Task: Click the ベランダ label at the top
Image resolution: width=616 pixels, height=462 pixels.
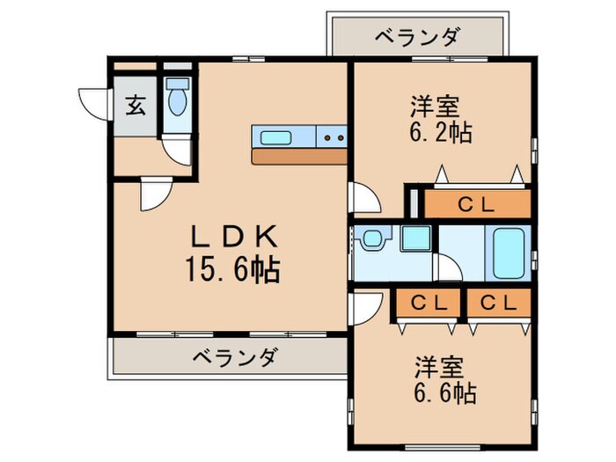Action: [416, 37]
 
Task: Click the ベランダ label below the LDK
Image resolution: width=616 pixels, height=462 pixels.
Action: [235, 357]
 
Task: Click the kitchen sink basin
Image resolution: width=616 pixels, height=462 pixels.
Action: [278, 136]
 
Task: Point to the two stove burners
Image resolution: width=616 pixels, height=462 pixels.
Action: [332, 136]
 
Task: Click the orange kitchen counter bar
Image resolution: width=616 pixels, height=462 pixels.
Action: [299, 156]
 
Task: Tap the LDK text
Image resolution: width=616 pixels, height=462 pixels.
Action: [235, 236]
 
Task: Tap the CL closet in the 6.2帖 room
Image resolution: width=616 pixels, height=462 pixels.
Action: [479, 203]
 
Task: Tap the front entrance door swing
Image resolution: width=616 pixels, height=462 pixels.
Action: [93, 103]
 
